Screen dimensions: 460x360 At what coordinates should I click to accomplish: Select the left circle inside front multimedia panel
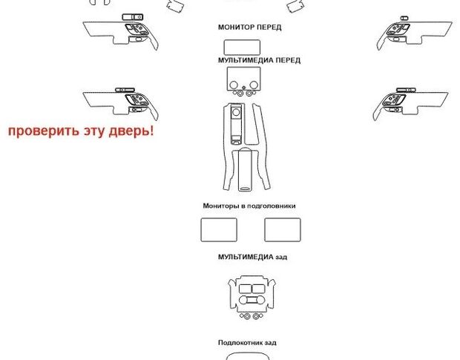click(x=234, y=85)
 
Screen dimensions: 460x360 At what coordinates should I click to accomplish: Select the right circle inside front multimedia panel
click(x=254, y=85)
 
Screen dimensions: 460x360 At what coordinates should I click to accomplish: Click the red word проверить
click(x=44, y=131)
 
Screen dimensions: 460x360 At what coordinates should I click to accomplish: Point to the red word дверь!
click(x=131, y=131)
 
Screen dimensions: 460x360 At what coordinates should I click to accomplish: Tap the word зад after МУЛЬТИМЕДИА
click(x=281, y=258)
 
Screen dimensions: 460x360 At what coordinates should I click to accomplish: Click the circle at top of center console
click(x=236, y=112)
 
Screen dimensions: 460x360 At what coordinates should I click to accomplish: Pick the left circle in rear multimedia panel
click(x=243, y=300)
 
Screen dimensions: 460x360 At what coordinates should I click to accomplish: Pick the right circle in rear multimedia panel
click(x=260, y=300)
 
